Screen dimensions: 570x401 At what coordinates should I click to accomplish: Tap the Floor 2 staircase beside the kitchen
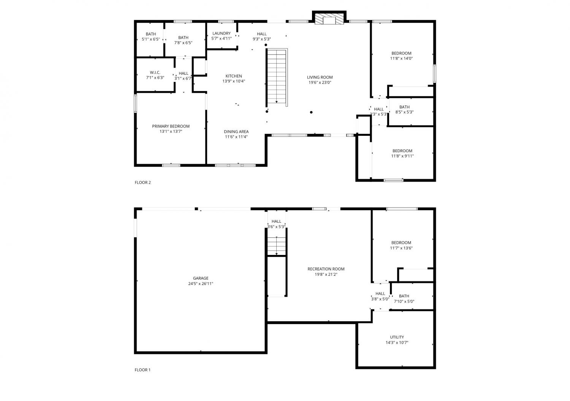(277, 77)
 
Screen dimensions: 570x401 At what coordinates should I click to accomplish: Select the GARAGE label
(201, 278)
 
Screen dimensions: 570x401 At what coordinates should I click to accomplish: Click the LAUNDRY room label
(222, 33)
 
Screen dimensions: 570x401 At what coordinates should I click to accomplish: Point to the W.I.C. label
(155, 72)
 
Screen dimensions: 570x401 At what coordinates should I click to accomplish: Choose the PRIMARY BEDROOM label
(171, 126)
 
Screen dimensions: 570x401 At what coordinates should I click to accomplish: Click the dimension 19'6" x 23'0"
(320, 82)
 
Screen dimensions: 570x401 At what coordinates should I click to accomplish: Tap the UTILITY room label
(397, 337)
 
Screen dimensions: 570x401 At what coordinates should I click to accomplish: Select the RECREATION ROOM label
(326, 269)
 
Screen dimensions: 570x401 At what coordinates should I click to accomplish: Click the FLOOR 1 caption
(142, 370)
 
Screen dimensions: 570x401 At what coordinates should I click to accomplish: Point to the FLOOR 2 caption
(143, 182)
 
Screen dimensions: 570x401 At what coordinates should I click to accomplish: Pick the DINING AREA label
(236, 131)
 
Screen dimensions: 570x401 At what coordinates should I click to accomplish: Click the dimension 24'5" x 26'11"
(201, 284)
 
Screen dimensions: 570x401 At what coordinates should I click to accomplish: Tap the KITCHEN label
(234, 76)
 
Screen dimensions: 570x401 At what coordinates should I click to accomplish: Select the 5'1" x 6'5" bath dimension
(151, 39)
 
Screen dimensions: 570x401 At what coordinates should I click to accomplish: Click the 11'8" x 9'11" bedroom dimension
(402, 156)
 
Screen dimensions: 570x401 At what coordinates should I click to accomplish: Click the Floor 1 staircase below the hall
(277, 246)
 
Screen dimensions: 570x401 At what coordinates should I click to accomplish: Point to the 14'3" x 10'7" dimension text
(397, 342)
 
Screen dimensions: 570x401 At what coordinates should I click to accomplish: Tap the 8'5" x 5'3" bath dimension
(404, 112)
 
